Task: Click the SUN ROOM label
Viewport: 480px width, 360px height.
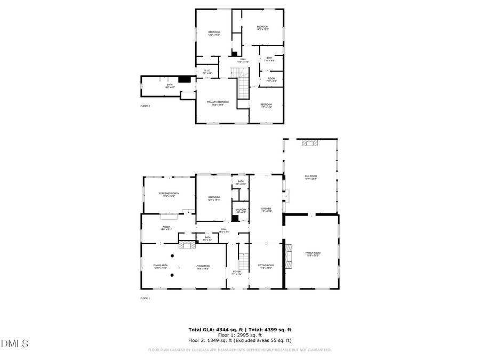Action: point(310,177)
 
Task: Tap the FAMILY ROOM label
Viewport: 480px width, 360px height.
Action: point(313,253)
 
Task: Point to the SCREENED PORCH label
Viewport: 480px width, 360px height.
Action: point(169,194)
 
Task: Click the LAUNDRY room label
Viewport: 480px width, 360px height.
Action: point(241,211)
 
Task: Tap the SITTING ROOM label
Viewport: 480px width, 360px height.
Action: point(266,266)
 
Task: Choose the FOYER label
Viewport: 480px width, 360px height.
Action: point(237,273)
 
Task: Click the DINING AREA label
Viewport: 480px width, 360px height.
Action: point(161,266)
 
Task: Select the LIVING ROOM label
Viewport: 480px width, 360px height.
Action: point(203,266)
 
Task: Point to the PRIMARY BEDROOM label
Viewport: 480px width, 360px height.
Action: point(218,103)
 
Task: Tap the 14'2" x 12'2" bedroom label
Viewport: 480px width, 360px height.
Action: point(262,28)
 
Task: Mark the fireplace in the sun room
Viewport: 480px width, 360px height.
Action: point(309,142)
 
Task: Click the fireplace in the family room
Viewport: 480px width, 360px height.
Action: point(289,255)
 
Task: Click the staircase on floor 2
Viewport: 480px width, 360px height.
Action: point(243,83)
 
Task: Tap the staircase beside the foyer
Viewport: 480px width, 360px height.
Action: point(243,260)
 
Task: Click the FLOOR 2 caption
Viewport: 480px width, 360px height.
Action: point(145,106)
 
